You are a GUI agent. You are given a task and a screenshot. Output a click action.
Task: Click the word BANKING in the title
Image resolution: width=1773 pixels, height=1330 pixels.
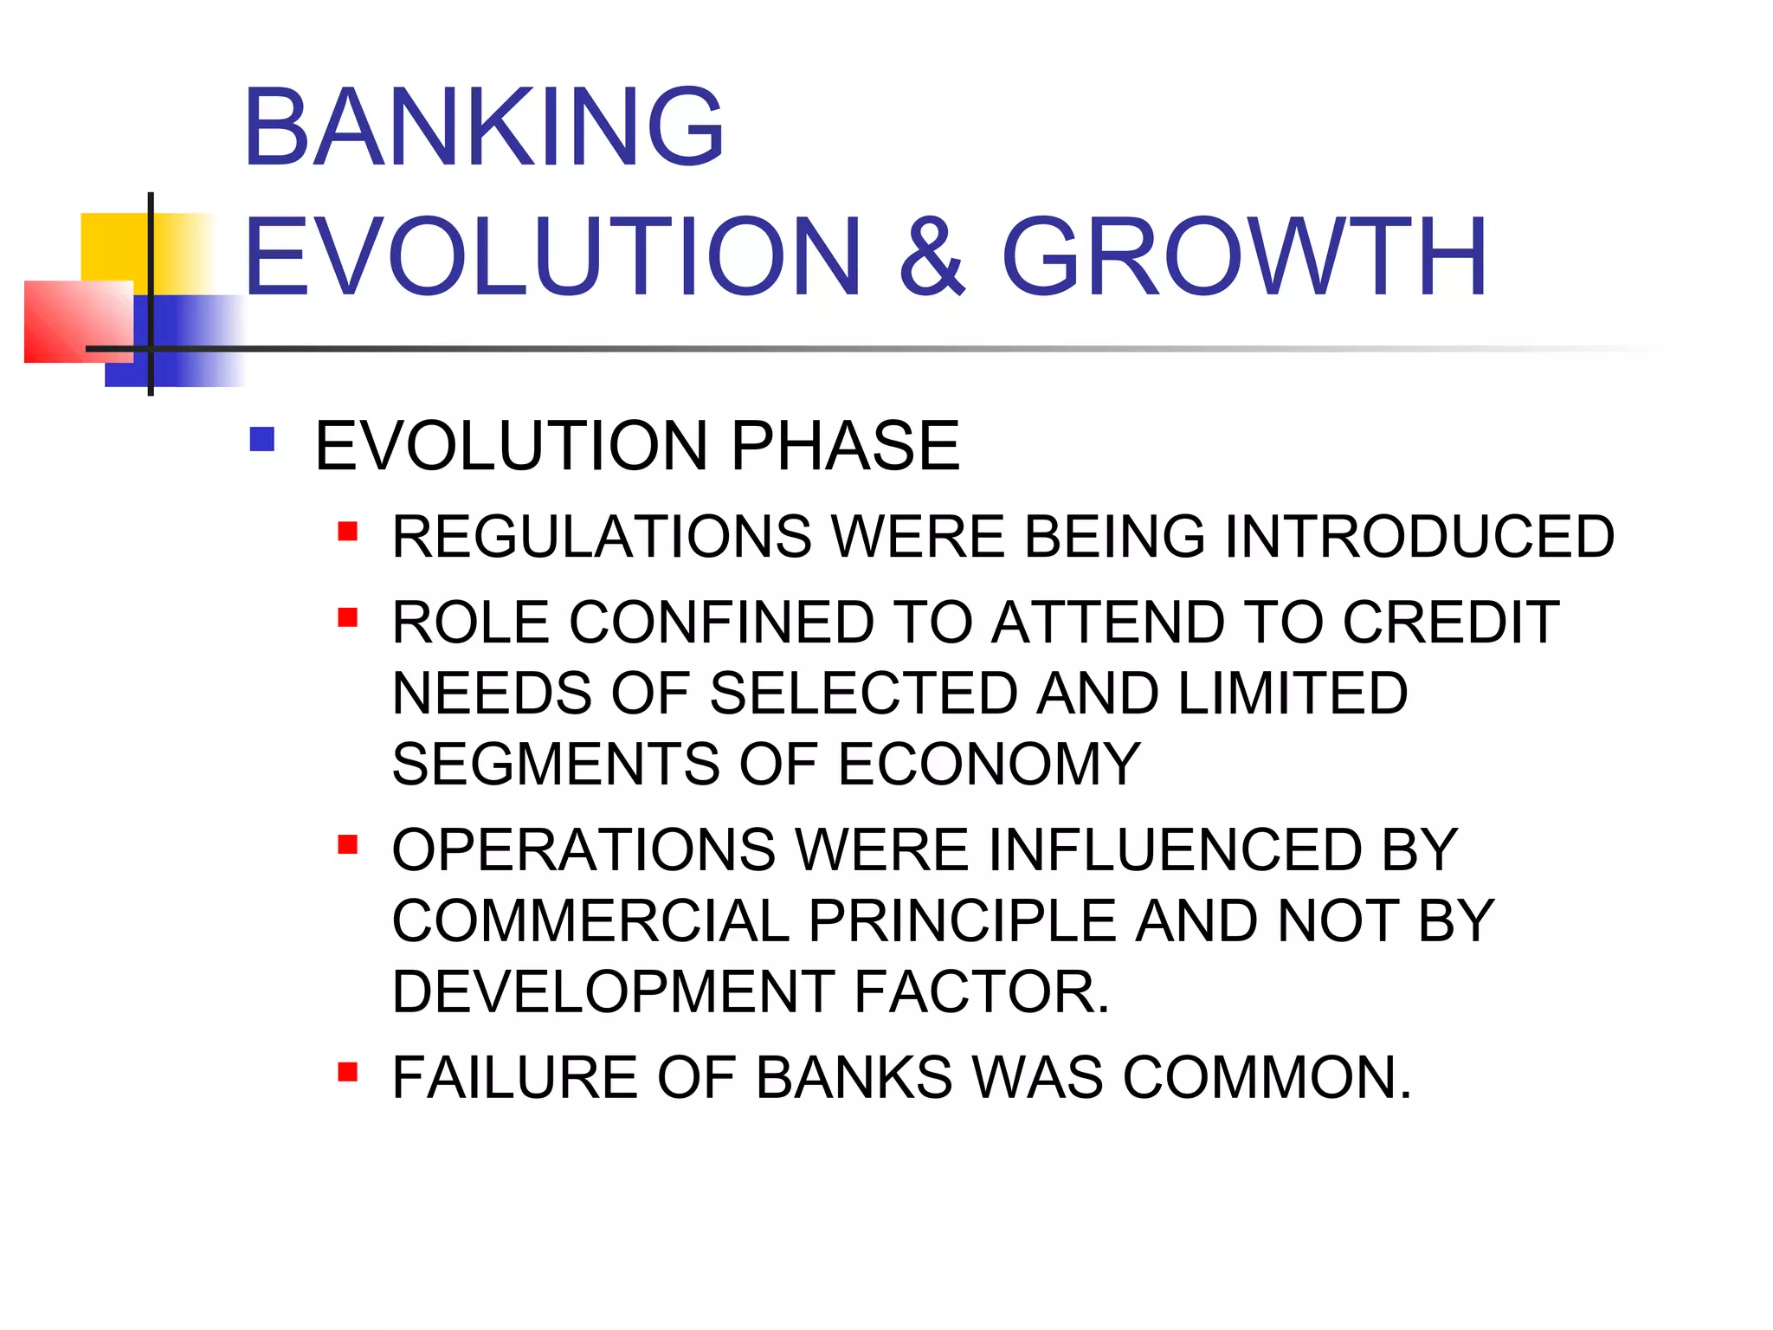click(x=483, y=127)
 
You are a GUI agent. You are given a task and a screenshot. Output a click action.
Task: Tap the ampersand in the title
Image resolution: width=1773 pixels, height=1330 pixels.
click(x=932, y=257)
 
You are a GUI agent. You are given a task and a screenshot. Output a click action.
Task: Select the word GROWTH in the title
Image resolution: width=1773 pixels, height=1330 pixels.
click(x=1244, y=257)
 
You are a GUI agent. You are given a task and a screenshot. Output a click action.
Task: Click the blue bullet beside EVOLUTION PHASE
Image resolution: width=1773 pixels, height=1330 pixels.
click(x=261, y=440)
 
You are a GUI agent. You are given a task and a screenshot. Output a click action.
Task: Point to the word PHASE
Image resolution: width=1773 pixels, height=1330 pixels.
click(x=845, y=446)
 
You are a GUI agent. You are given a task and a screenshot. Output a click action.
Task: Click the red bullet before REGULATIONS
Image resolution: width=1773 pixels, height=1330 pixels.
click(x=348, y=531)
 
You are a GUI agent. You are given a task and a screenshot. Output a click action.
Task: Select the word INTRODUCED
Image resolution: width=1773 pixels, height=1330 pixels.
click(x=1419, y=537)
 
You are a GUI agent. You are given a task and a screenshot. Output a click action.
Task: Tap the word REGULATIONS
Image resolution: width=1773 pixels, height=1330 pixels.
click(x=602, y=537)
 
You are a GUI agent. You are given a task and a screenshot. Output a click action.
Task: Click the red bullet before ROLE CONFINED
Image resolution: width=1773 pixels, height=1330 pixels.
click(x=348, y=617)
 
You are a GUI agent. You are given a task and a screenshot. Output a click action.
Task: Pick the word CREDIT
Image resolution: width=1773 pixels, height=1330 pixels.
click(x=1451, y=623)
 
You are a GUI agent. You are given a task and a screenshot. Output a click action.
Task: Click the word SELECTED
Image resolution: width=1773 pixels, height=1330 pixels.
click(x=863, y=694)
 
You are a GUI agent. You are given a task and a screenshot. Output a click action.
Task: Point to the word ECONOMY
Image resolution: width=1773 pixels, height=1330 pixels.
click(x=990, y=765)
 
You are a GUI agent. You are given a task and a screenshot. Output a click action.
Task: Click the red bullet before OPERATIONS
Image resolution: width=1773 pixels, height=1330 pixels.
click(x=348, y=844)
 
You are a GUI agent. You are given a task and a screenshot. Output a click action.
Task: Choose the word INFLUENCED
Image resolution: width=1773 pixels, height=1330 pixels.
click(x=1175, y=849)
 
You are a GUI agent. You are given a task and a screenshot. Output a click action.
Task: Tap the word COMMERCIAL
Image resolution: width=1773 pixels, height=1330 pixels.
click(x=590, y=920)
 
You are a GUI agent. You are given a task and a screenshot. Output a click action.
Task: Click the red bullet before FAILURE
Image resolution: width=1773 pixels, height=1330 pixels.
click(x=348, y=1073)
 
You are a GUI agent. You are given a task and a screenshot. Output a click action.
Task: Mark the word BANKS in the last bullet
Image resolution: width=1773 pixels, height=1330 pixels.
click(x=854, y=1078)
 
